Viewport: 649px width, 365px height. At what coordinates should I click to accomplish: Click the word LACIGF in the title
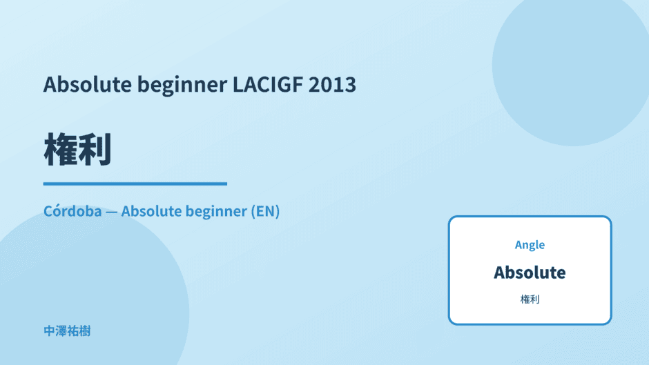click(268, 84)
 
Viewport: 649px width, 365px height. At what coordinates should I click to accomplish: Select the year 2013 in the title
click(332, 84)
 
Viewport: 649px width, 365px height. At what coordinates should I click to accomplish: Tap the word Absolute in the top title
click(88, 84)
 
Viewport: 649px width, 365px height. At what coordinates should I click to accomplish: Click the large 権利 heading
click(77, 150)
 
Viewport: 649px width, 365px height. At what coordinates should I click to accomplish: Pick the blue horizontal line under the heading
click(135, 184)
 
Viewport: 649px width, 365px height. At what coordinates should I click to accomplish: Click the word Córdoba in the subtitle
click(72, 211)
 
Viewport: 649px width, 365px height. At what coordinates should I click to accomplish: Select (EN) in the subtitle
click(265, 211)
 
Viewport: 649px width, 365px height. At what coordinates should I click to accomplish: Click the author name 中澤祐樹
click(67, 331)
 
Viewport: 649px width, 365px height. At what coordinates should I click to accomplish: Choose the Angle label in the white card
click(530, 245)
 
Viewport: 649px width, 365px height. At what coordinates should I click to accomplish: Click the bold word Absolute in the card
click(530, 273)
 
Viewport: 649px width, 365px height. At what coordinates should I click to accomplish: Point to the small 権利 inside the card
click(530, 299)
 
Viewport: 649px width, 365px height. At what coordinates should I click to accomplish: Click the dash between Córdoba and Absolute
click(111, 212)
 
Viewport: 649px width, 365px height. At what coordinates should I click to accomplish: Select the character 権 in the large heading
click(61, 150)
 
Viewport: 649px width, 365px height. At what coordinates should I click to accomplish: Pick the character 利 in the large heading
click(95, 150)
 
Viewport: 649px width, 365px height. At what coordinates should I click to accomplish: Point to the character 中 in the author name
click(49, 331)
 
